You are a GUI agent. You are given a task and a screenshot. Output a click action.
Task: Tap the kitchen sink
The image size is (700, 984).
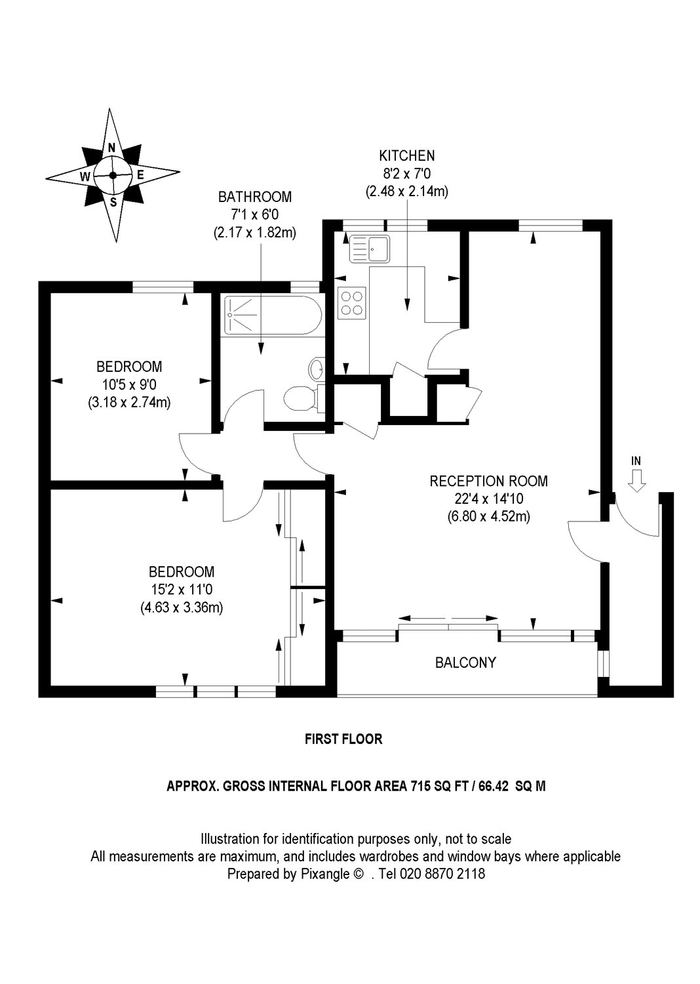tap(370, 249)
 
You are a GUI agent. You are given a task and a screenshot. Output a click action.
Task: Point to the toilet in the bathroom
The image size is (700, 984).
tap(301, 397)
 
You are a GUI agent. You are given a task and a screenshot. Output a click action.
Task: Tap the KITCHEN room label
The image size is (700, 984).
tap(406, 155)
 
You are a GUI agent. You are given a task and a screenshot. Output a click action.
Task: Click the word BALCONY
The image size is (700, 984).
tap(465, 663)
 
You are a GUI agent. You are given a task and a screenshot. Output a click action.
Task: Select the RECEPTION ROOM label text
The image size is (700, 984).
tap(488, 481)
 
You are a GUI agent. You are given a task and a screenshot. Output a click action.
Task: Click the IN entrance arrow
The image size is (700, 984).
tap(636, 483)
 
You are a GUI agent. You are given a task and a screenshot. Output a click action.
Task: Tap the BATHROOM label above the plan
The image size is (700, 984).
tap(254, 196)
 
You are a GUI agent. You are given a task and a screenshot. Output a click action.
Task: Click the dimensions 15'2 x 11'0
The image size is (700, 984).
tap(182, 589)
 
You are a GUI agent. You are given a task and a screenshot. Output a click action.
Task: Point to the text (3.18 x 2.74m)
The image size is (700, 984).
tap(129, 402)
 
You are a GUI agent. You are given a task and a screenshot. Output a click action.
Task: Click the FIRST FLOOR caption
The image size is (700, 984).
tap(343, 739)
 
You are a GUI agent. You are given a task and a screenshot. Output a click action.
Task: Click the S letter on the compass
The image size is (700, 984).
tap(113, 202)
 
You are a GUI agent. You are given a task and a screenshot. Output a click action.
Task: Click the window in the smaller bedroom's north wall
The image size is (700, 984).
tap(163, 285)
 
